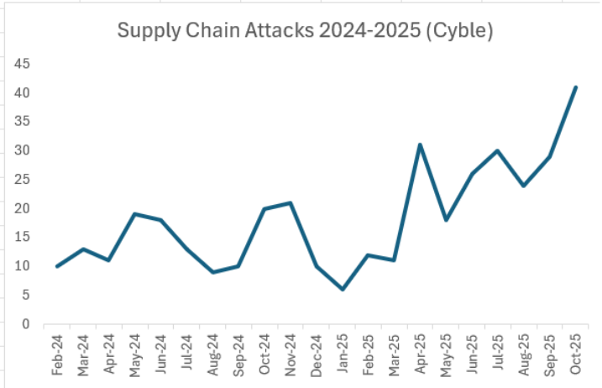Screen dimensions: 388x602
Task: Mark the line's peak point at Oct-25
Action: pos(575,87)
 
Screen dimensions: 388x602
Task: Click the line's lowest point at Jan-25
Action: pos(342,289)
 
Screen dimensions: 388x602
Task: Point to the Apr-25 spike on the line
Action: pos(420,144)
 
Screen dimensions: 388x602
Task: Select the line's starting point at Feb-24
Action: pos(57,266)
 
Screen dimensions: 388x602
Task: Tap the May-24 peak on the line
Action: pos(134,214)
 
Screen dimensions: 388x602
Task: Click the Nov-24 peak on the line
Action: pos(291,202)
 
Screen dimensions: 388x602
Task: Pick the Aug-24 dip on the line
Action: pos(212,272)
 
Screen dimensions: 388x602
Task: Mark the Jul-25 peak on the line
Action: pos(497,150)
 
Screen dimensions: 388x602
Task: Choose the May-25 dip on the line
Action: pos(446,220)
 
